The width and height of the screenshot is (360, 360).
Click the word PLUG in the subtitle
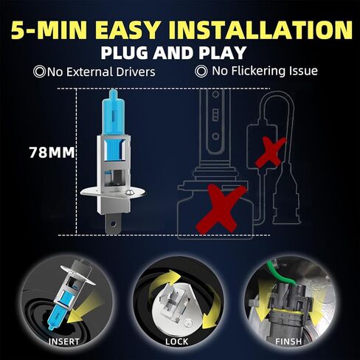(x=124, y=52)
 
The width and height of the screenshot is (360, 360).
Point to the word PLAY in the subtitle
(x=222, y=52)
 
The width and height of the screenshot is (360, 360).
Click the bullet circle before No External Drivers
(x=39, y=72)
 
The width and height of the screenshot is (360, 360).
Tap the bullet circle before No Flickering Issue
(x=201, y=72)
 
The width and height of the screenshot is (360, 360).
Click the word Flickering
(x=257, y=72)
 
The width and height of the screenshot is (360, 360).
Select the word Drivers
(x=136, y=72)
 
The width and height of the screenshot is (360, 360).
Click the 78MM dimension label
(x=52, y=153)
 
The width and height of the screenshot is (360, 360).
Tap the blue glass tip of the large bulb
(x=113, y=94)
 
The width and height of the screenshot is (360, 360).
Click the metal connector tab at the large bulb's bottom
(x=113, y=224)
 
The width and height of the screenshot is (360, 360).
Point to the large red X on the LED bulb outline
(x=221, y=209)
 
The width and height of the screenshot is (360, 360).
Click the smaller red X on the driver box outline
(x=271, y=152)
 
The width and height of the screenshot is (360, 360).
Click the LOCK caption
(x=177, y=342)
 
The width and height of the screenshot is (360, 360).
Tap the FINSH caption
(x=288, y=342)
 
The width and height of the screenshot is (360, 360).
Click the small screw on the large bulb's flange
(x=128, y=193)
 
